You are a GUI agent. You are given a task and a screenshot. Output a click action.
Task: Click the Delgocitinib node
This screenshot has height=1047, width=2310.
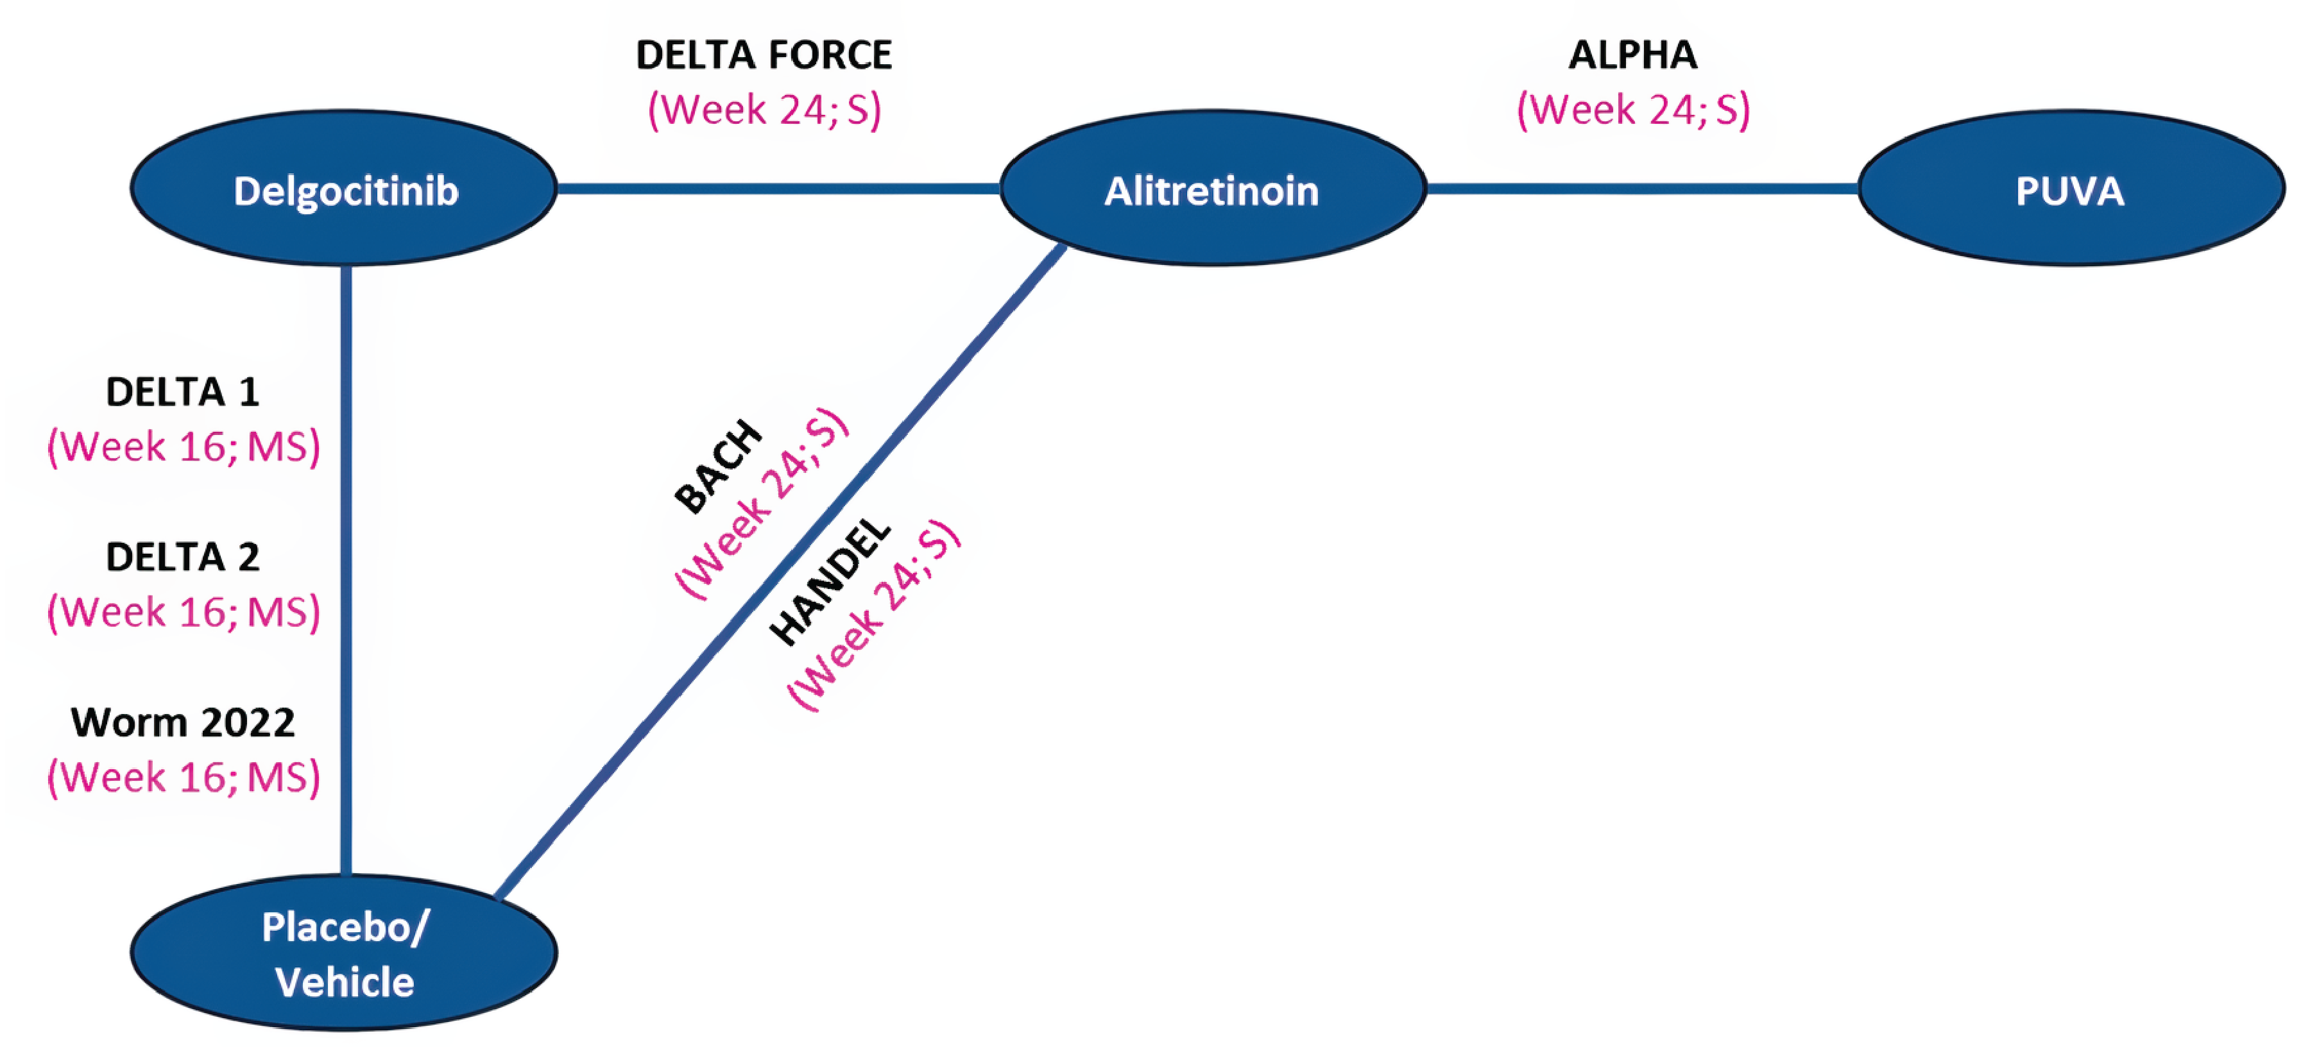[x=345, y=189]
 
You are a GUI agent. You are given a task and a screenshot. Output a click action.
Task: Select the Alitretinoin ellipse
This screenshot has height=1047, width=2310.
[x=1212, y=189]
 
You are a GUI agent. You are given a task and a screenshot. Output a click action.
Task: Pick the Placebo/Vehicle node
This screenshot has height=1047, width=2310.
[x=345, y=953]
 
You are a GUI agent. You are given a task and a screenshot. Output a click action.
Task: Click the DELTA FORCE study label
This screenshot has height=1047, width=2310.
[x=764, y=56]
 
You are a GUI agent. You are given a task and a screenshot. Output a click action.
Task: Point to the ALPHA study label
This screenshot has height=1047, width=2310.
[x=1633, y=56]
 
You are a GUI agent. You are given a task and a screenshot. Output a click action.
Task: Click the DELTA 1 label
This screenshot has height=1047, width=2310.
[x=183, y=393]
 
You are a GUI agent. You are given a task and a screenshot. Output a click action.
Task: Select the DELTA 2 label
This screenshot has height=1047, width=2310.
[x=183, y=558]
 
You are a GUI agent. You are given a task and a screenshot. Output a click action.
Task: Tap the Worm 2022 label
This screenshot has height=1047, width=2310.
[x=183, y=722]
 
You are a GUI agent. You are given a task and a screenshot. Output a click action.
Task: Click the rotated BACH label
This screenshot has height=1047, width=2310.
[x=717, y=467]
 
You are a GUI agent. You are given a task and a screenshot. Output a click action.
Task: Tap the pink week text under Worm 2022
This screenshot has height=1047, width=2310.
[x=183, y=777]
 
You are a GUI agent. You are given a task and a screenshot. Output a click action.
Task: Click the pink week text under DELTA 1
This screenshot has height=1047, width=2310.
[x=183, y=447]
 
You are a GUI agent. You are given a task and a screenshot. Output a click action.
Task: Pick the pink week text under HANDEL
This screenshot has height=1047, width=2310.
[x=875, y=615]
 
